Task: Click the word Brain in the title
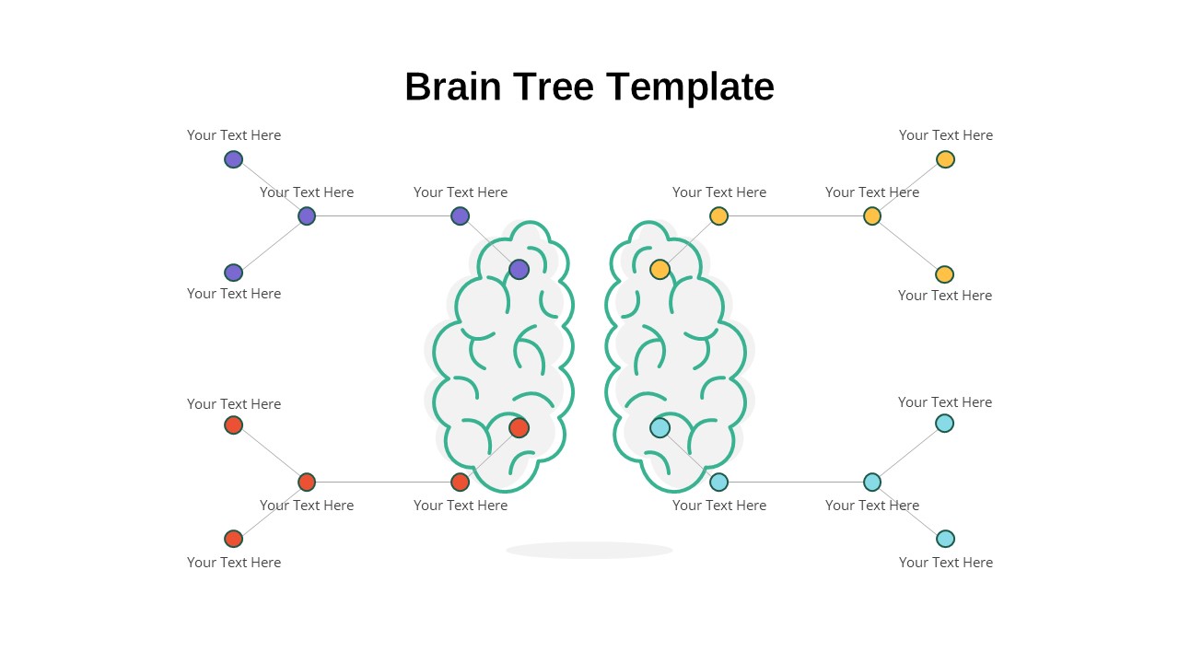click(x=452, y=87)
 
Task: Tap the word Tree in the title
click(x=554, y=87)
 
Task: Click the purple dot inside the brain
click(x=519, y=270)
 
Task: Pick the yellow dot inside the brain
click(x=660, y=270)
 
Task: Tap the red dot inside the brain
click(x=519, y=428)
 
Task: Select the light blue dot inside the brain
click(x=660, y=428)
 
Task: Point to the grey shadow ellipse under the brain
click(x=589, y=551)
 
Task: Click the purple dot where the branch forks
click(x=307, y=215)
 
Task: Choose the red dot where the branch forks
click(x=307, y=482)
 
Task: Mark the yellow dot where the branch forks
click(x=872, y=215)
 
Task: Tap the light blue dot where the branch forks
click(x=872, y=482)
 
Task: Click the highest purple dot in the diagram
click(x=234, y=159)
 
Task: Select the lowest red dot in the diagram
click(x=234, y=539)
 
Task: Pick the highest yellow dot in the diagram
click(x=945, y=159)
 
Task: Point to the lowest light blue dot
click(x=945, y=539)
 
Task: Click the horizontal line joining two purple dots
click(x=383, y=215)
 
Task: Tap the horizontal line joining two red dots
click(x=383, y=482)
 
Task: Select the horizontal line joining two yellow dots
click(x=795, y=215)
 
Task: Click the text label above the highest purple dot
click(x=234, y=135)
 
